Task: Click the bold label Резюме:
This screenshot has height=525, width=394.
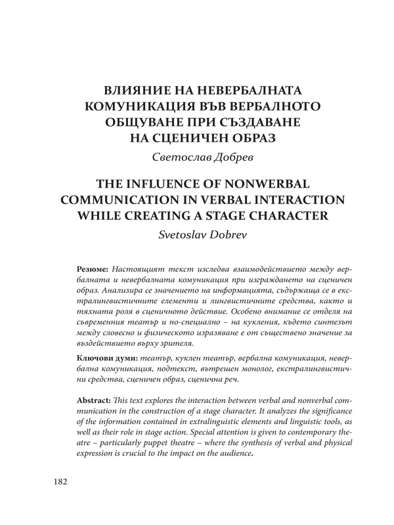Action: (93, 270)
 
